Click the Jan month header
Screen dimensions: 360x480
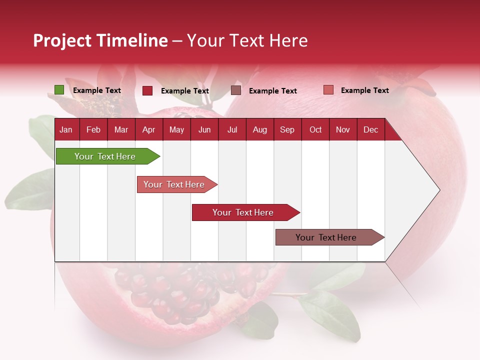coord(66,130)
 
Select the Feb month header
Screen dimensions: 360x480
coord(93,130)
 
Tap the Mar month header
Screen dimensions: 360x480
coord(121,130)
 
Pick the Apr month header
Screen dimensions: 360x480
coord(149,130)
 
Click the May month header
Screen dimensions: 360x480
coord(176,130)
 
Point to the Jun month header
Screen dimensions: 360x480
coord(204,130)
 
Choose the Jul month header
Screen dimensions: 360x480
coord(232,130)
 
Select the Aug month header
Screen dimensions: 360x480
coord(260,130)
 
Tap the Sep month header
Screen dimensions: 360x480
coord(287,130)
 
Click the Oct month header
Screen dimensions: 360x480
coord(315,130)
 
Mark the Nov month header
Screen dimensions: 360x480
coord(343,130)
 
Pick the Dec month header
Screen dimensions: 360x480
coord(371,130)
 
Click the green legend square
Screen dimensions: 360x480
coord(59,90)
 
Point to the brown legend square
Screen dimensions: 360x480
coord(236,90)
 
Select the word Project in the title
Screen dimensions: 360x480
coord(62,40)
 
